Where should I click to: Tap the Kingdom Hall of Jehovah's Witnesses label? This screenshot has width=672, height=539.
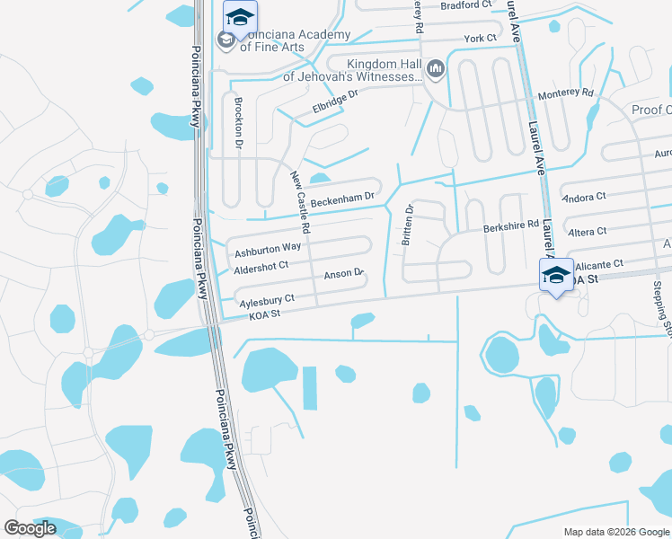(376, 70)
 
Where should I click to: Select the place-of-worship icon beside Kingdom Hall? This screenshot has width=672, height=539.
(436, 68)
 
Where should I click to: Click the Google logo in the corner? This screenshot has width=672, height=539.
(30, 528)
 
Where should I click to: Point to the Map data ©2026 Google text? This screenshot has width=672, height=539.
(616, 532)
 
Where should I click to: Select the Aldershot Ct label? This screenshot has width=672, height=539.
(260, 265)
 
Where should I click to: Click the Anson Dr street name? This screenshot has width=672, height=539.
(342, 273)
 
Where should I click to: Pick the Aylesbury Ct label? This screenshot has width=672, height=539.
(265, 298)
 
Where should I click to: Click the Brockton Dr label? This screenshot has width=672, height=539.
(239, 127)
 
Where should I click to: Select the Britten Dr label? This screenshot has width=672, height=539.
(408, 224)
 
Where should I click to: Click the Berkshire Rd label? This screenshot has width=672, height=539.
(511, 225)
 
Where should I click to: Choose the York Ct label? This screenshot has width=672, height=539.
(480, 38)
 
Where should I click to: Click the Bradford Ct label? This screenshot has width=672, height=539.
(467, 4)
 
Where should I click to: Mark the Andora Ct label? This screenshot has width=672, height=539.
(583, 196)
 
